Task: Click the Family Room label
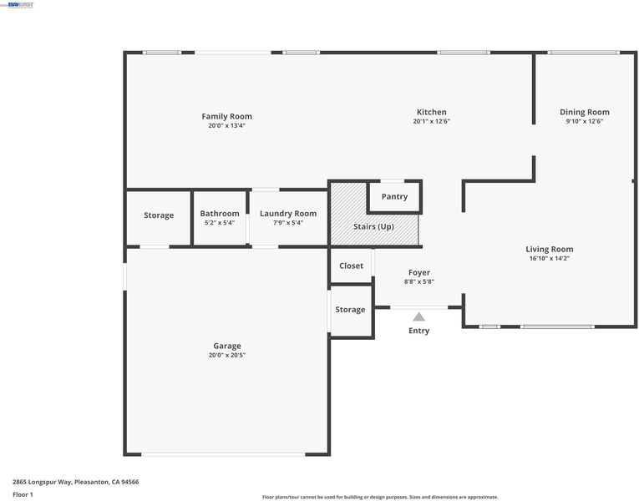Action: tap(226, 117)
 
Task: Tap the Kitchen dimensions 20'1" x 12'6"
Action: tap(432, 121)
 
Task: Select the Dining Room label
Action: tap(585, 112)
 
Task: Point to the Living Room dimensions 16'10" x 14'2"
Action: tap(550, 258)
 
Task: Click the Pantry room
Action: tap(394, 197)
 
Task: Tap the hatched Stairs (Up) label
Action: tap(373, 226)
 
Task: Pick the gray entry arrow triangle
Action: tap(419, 317)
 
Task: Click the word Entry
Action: tap(419, 331)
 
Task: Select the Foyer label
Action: tap(419, 272)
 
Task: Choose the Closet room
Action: tap(351, 266)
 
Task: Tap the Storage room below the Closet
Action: tap(352, 311)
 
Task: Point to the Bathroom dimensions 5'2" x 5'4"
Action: tap(220, 223)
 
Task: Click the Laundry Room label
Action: tap(288, 214)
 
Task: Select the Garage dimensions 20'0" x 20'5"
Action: tap(227, 355)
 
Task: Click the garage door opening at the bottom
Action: tap(223, 454)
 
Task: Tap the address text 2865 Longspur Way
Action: tap(42, 483)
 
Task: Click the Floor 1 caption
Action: tap(23, 494)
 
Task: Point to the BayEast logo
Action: tap(20, 5)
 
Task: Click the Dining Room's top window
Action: tap(583, 53)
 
